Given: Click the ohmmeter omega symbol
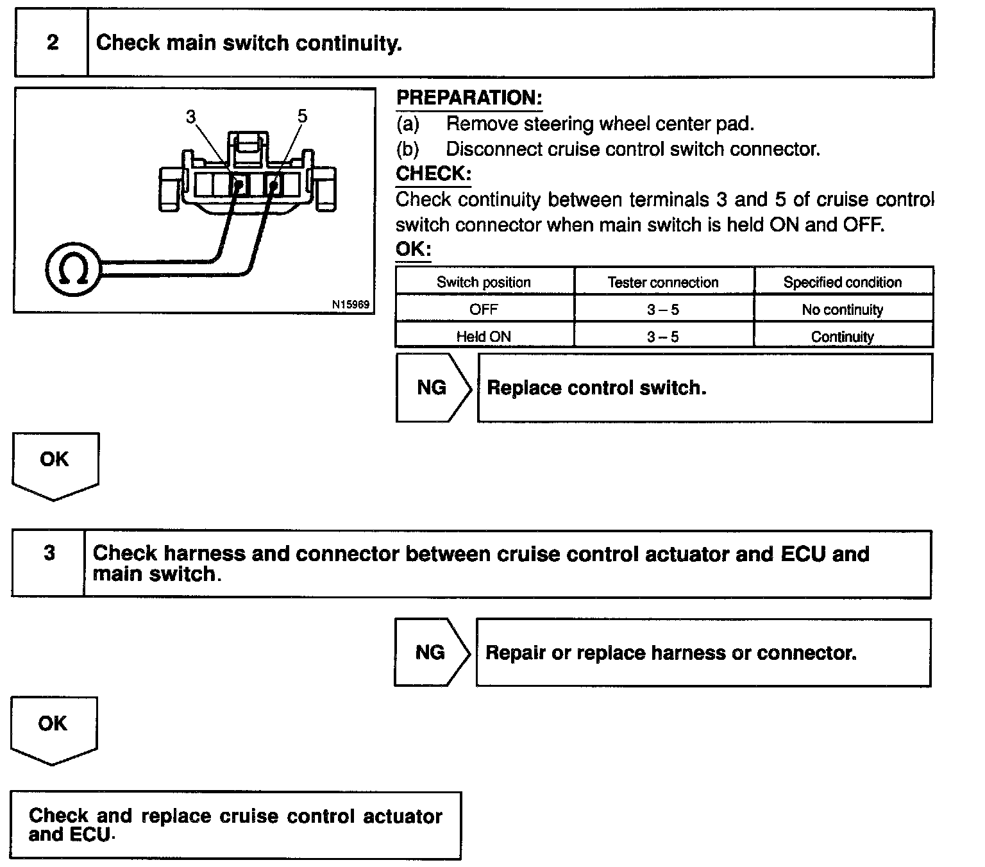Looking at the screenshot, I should click(x=72, y=269).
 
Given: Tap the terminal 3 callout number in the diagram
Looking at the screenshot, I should click(x=191, y=117).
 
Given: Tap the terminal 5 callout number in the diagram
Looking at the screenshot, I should click(x=303, y=116).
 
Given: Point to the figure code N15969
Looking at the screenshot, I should click(x=351, y=305).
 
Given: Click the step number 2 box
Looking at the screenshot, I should click(x=52, y=43).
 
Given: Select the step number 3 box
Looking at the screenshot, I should click(x=49, y=553).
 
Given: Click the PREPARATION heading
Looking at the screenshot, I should click(x=469, y=98).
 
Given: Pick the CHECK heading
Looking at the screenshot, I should click(x=434, y=174).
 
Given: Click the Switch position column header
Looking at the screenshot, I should click(x=484, y=282).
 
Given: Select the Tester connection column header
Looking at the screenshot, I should click(x=663, y=282).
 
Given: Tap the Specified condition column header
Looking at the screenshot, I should click(x=842, y=282).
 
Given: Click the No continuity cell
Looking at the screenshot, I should click(x=842, y=310).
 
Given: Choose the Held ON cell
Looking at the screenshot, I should click(x=484, y=336).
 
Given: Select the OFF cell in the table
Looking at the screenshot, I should click(x=484, y=310).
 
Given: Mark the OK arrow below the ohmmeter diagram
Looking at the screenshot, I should click(x=55, y=463).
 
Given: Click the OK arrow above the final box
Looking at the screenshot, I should click(x=53, y=727).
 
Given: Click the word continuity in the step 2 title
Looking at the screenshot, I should click(x=348, y=43).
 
